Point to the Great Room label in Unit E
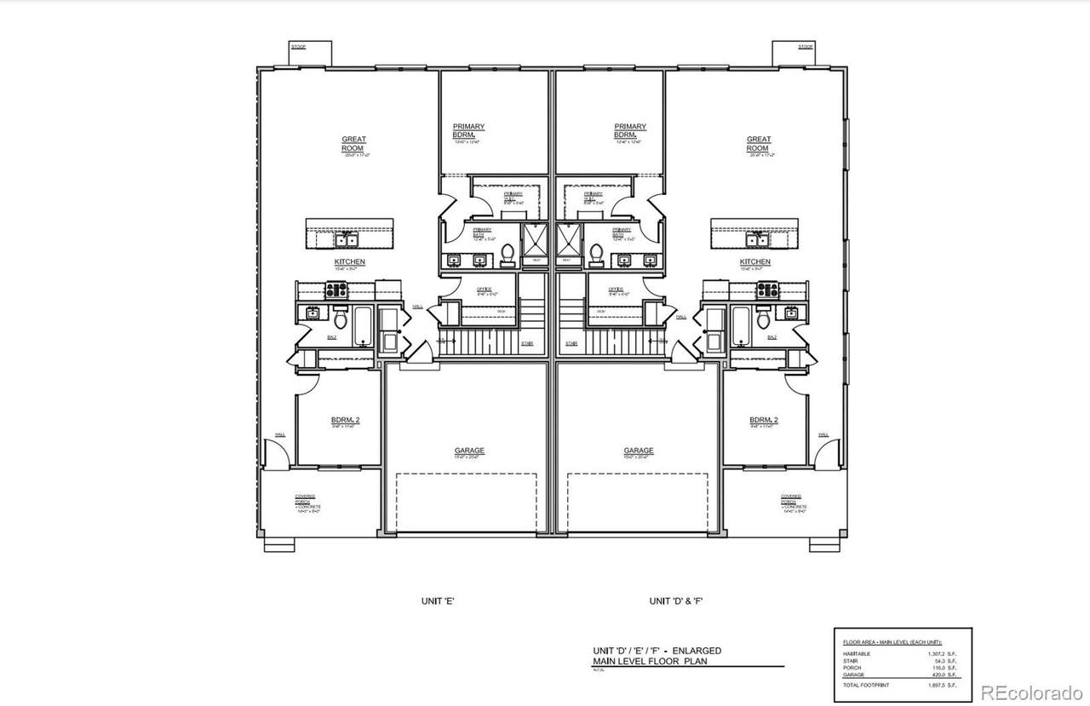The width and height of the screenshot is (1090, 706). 353,144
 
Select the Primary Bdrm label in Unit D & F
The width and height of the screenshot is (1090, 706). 630,131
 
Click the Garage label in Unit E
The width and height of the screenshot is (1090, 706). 469,451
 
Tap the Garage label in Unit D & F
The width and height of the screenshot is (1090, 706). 639,451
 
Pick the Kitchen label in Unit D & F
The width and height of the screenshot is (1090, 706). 755,262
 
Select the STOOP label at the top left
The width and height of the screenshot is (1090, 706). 298,47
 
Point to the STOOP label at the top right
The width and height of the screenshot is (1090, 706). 805,47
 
